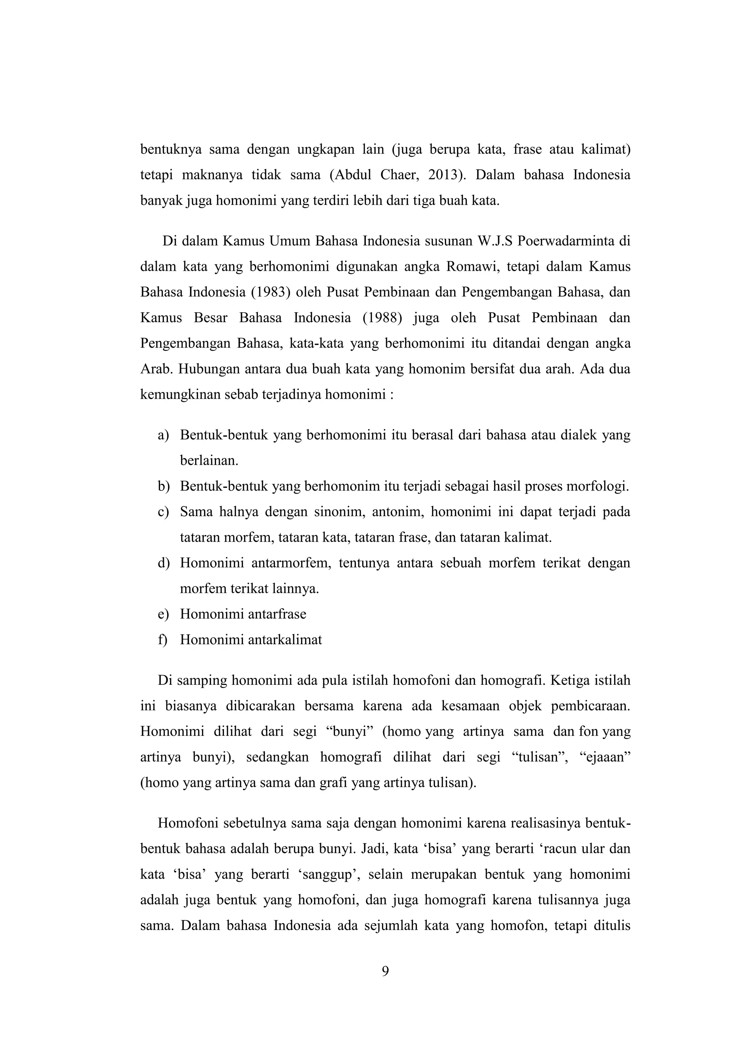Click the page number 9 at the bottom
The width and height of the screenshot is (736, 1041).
pyautogui.click(x=385, y=971)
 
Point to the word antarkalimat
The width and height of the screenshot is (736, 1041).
pyautogui.click(x=283, y=640)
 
